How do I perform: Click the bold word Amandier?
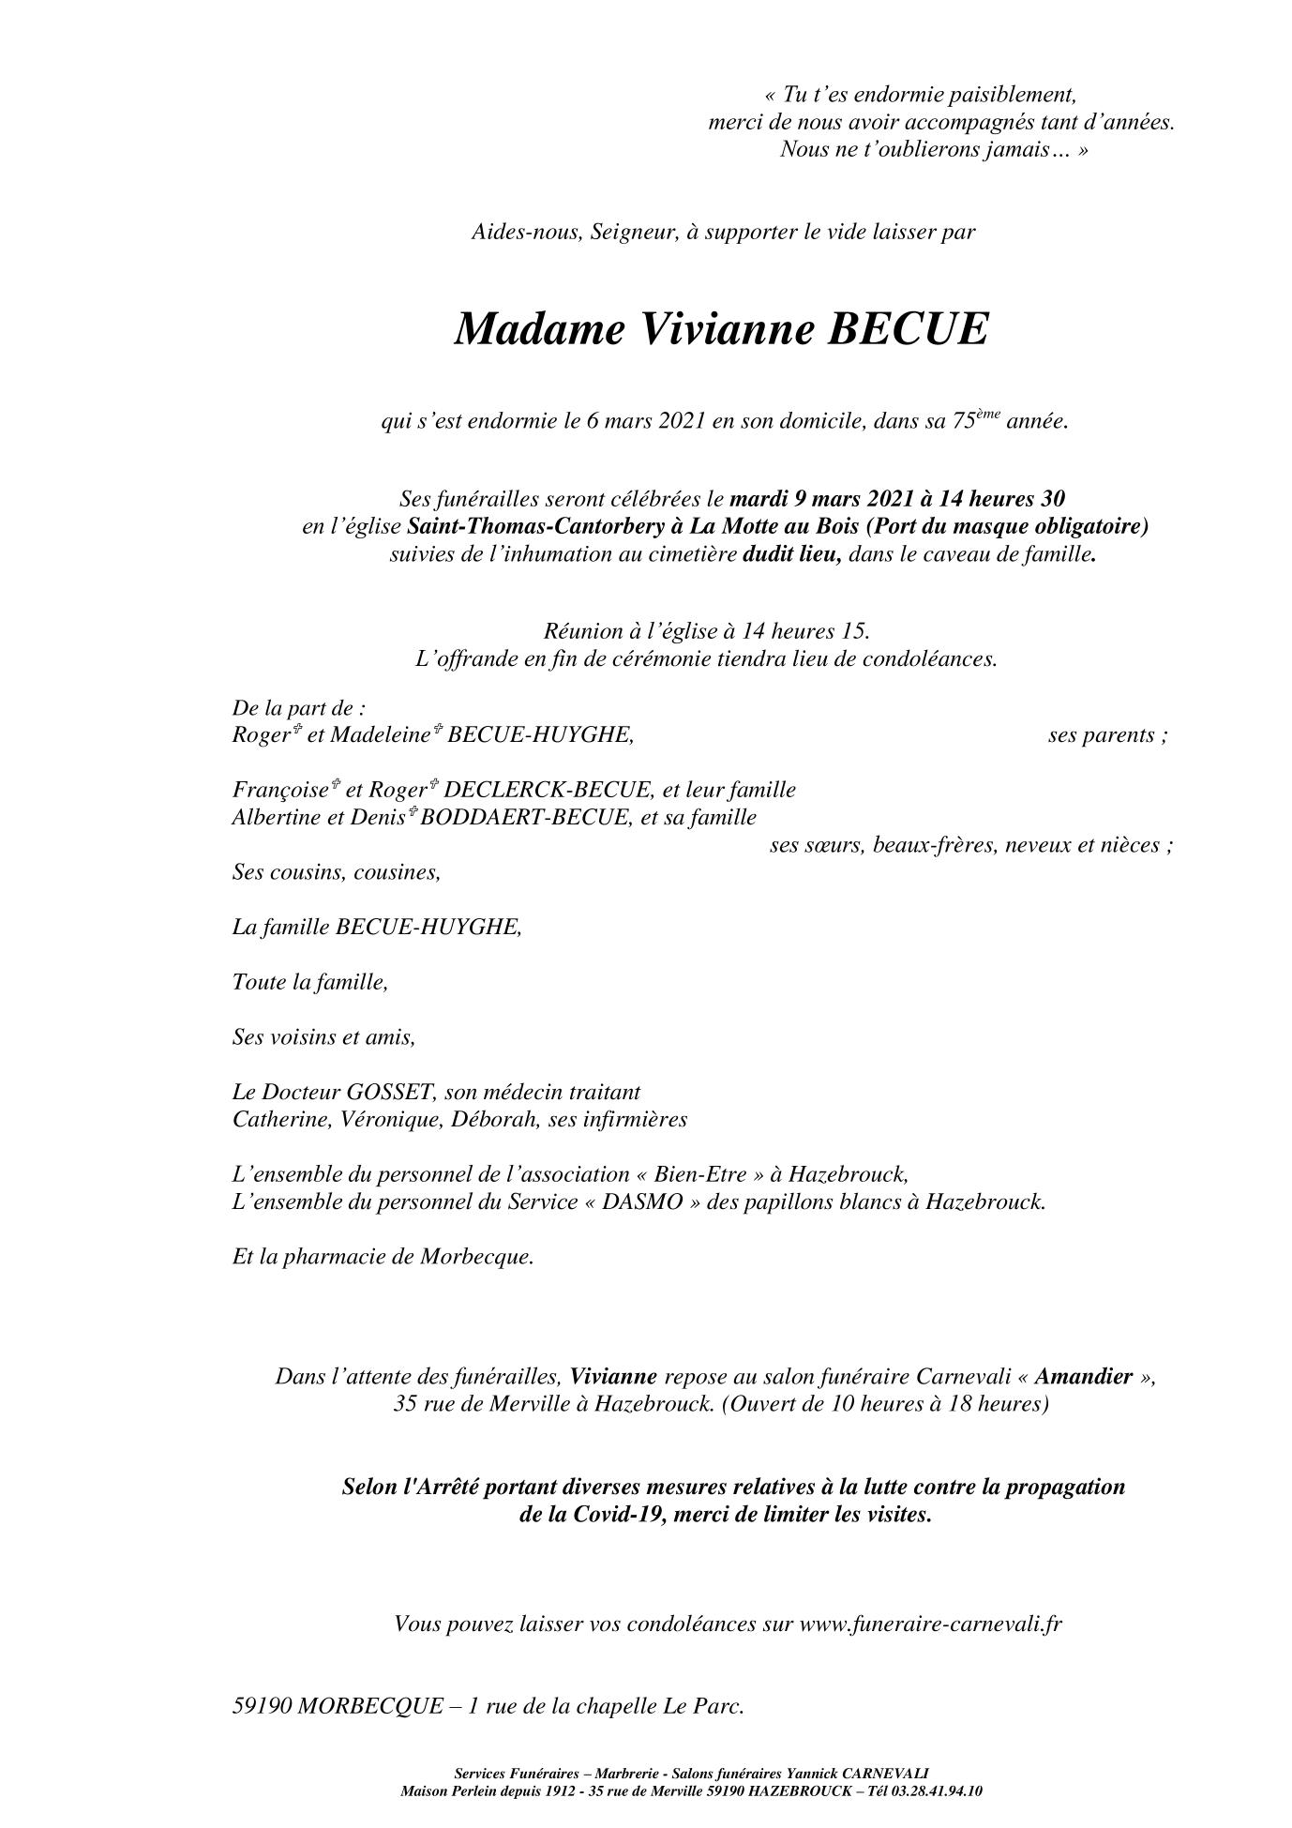[1083, 1377]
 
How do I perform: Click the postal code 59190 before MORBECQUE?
[262, 1706]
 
